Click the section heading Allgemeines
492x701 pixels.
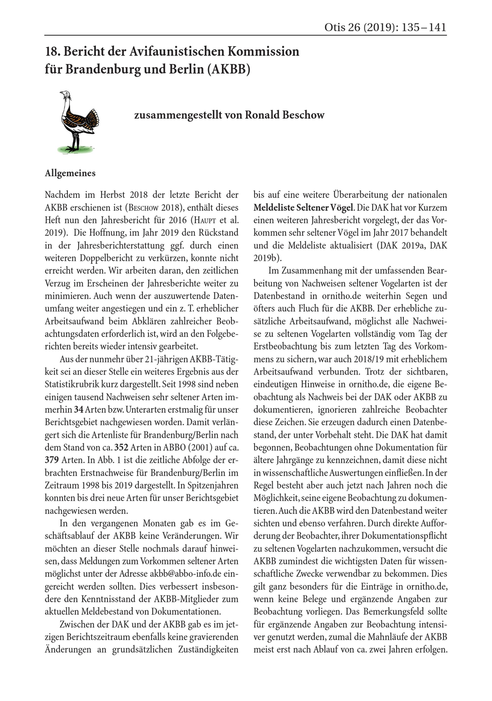[70, 173]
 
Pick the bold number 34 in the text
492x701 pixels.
[78, 409]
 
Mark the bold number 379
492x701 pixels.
[52, 460]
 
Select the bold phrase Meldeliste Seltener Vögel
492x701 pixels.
[303, 207]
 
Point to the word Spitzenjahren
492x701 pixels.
[213, 485]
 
